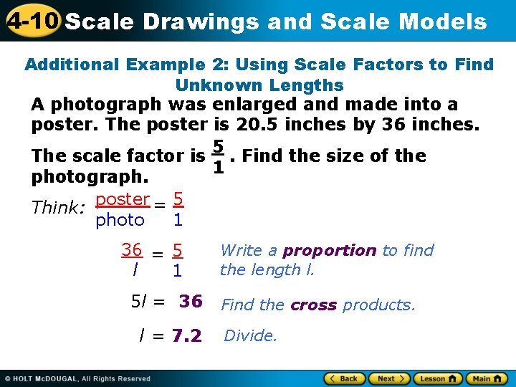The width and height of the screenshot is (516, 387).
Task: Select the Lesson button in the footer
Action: [437, 378]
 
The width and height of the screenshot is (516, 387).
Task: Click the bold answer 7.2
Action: [187, 335]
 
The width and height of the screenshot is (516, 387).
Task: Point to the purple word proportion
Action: [329, 250]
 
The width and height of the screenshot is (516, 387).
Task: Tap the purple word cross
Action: [314, 305]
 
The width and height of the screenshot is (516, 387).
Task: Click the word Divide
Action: [250, 335]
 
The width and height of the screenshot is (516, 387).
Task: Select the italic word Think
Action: [56, 208]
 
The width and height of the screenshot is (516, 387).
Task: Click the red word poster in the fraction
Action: [123, 199]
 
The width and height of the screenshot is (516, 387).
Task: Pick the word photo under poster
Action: [120, 220]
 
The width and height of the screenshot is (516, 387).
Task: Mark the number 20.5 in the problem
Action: [259, 124]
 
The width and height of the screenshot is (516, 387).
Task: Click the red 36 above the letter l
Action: [131, 250]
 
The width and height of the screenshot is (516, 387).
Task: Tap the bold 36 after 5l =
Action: [191, 301]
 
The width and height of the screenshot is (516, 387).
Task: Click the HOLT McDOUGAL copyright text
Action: [79, 378]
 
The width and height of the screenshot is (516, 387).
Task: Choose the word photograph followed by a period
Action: [88, 176]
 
